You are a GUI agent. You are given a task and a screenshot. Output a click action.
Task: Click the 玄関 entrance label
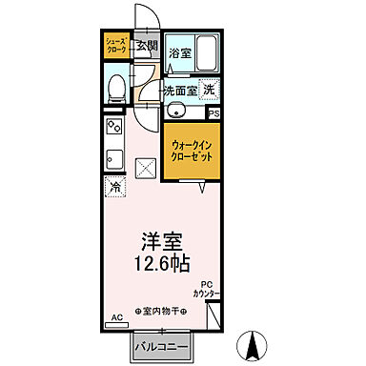pyautogui.click(x=146, y=45)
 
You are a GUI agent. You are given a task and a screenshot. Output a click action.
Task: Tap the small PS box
pyautogui.click(x=213, y=114)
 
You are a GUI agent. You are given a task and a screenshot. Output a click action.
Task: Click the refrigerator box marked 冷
pyautogui.click(x=114, y=188)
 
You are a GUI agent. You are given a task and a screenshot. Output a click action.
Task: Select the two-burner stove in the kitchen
pyautogui.click(x=113, y=128)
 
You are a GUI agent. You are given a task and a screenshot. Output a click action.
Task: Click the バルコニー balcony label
pyautogui.click(x=159, y=345)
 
